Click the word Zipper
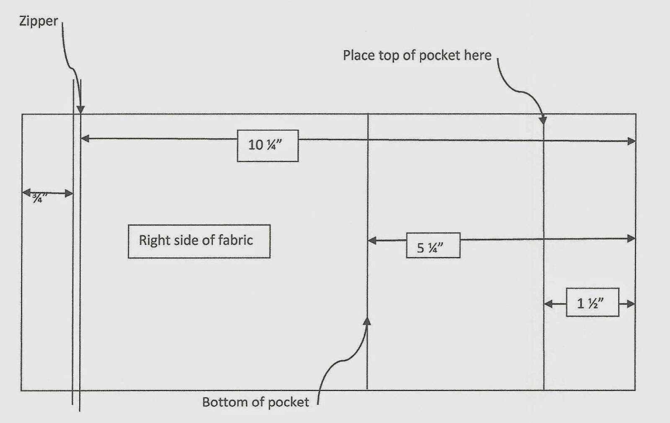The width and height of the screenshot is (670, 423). pyautogui.click(x=39, y=21)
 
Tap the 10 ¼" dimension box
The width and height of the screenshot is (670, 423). pyautogui.click(x=268, y=146)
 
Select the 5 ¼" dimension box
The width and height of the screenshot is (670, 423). pyautogui.click(x=433, y=246)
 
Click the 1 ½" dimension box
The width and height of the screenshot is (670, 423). pyautogui.click(x=592, y=303)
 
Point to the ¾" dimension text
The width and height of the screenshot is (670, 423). pyautogui.click(x=39, y=197)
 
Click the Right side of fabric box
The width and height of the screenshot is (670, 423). pyautogui.click(x=199, y=241)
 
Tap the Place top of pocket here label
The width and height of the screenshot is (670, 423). pyautogui.click(x=417, y=55)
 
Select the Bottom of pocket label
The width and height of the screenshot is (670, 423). pyautogui.click(x=255, y=402)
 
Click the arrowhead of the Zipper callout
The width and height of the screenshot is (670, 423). pyautogui.click(x=80, y=110)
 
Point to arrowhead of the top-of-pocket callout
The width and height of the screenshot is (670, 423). pyautogui.click(x=543, y=120)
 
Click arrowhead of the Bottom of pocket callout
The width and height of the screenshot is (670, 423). pyautogui.click(x=367, y=321)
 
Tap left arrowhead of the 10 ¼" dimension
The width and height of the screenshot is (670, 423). pyautogui.click(x=85, y=138)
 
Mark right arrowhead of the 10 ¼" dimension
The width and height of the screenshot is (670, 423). pyautogui.click(x=631, y=141)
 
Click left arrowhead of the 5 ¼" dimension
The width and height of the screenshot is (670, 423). pyautogui.click(x=372, y=241)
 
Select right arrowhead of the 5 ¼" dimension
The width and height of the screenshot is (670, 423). pyautogui.click(x=631, y=239)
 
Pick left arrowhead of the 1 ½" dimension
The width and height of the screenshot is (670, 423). pyautogui.click(x=548, y=304)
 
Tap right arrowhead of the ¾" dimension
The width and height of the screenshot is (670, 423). pyautogui.click(x=69, y=193)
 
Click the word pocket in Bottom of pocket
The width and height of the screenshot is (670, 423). pyautogui.click(x=288, y=402)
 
